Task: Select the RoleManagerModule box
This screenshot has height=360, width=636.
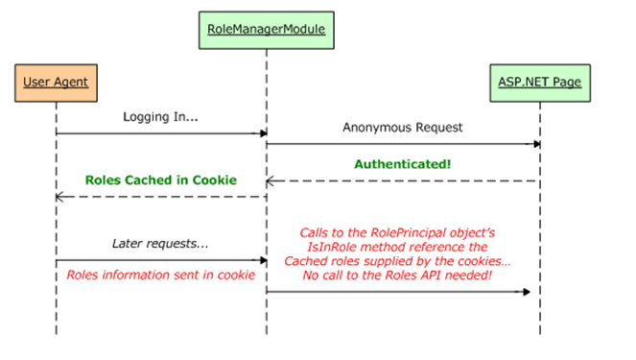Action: pos(267,28)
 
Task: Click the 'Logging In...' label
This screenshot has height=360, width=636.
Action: pos(161,116)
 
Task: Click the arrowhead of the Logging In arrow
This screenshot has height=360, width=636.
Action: pos(262,132)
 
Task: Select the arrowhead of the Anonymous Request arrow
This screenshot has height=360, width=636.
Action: pos(535,145)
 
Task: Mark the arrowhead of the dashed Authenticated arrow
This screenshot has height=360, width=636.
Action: pos(271,180)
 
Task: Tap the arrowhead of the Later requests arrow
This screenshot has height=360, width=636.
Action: pos(262,260)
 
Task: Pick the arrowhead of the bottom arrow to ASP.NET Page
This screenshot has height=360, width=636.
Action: pos(527,292)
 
